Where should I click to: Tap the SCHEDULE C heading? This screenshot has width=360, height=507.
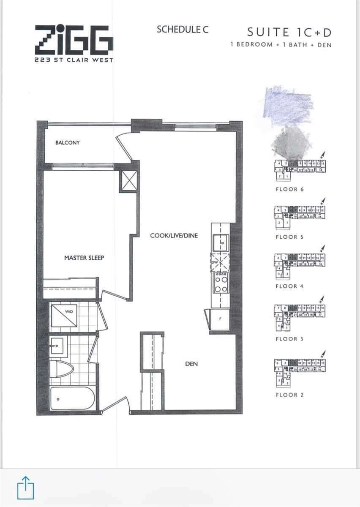[182, 29]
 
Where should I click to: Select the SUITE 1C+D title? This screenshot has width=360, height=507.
[289, 32]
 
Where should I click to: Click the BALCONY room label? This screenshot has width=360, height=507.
[67, 143]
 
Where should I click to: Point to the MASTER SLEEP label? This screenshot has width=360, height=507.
[84, 258]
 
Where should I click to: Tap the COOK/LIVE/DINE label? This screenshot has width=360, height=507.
[174, 235]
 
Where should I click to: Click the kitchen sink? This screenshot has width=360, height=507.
[221, 243]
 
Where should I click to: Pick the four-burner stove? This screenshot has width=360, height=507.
[221, 283]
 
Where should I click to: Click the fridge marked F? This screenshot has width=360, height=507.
[220, 319]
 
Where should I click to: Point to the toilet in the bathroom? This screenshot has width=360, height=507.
[61, 369]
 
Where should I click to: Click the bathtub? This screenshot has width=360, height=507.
[72, 398]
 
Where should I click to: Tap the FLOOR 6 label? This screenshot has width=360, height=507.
[289, 189]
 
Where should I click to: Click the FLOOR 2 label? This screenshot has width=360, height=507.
[289, 395]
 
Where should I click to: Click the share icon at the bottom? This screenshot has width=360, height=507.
[25, 488]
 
